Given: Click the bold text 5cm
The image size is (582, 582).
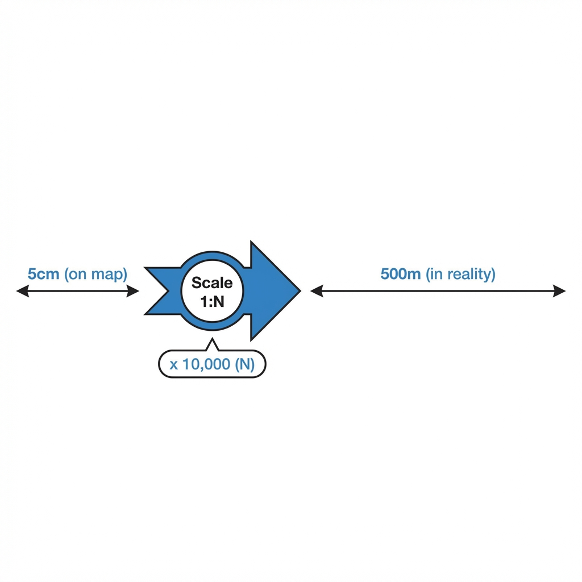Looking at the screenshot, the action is [x=43, y=274].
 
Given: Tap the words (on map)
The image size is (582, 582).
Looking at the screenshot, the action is [x=95, y=275].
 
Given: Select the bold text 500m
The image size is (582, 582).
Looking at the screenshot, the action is [x=401, y=274].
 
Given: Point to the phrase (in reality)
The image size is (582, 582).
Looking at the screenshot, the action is [x=460, y=275].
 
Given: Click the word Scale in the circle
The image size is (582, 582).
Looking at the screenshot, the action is [x=212, y=283].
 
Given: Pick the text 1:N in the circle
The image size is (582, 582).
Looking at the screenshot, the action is [x=213, y=301].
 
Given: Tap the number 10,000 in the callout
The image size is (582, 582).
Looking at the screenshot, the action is [x=206, y=364].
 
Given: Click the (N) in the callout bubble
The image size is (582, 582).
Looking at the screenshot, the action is [x=245, y=364].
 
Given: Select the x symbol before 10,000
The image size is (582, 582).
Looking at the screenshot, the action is [x=174, y=365].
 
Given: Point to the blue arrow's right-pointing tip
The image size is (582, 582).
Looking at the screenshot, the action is [x=300, y=291].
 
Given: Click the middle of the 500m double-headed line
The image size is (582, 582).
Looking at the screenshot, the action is [x=438, y=291].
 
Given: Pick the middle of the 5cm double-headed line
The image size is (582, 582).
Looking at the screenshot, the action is [x=77, y=291].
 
